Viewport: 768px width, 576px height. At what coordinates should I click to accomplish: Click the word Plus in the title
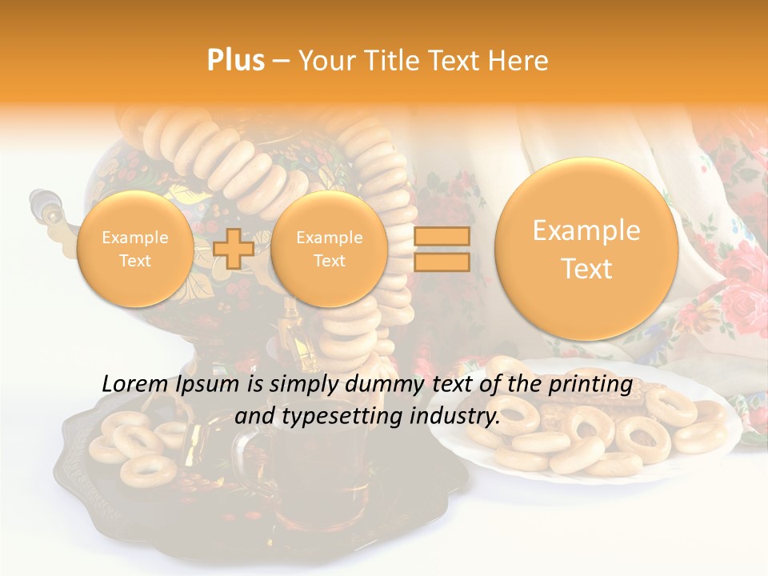(x=235, y=61)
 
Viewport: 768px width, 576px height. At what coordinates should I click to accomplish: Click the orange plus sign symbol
(x=234, y=249)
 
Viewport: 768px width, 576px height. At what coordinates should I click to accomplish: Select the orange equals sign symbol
(x=442, y=249)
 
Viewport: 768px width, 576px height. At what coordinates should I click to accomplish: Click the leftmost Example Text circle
(x=135, y=249)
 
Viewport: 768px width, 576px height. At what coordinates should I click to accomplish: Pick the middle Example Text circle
(x=330, y=249)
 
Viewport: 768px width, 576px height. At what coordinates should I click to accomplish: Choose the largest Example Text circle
(x=586, y=249)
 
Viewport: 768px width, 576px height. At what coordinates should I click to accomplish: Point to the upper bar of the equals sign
(x=442, y=236)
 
